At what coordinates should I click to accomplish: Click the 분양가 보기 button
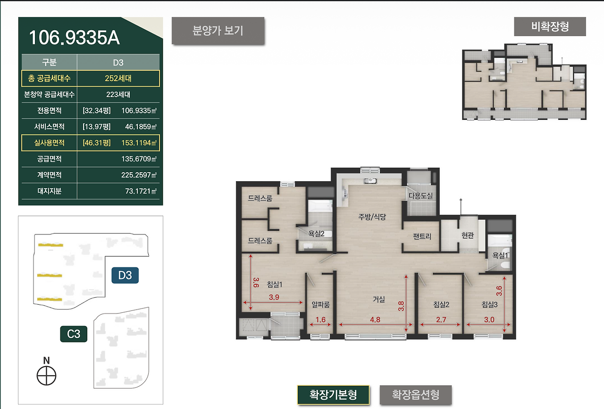[218, 31]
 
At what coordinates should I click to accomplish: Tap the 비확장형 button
[550, 26]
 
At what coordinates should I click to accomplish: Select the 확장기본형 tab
[333, 395]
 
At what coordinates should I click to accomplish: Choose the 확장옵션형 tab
[416, 395]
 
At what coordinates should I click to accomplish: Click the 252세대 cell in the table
[118, 78]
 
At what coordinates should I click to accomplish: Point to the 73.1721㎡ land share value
[141, 191]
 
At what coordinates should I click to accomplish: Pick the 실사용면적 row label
[50, 142]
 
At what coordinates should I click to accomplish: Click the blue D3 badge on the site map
[125, 275]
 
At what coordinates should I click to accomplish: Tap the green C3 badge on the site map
[74, 334]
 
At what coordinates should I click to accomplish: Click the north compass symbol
[46, 376]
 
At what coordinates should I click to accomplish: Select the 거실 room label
[379, 299]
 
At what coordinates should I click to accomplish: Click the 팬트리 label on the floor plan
[422, 236]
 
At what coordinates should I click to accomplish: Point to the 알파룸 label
[320, 305]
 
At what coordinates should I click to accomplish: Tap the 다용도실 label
[420, 196]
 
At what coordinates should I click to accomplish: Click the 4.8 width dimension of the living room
[375, 320]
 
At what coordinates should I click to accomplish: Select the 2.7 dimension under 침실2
[441, 320]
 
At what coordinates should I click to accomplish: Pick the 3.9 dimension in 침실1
[274, 297]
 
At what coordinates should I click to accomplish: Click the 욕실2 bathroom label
[316, 234]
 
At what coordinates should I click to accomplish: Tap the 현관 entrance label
[468, 235]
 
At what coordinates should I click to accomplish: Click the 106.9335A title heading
[74, 37]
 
